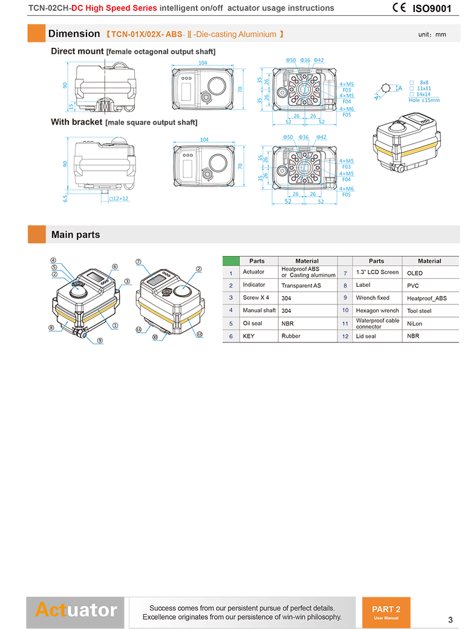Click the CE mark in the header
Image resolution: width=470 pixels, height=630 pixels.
tap(399, 8)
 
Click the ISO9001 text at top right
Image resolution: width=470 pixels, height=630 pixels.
tap(432, 8)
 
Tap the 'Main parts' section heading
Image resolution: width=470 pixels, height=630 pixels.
tap(76, 235)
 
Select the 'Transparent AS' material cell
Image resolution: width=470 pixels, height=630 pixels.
tap(302, 285)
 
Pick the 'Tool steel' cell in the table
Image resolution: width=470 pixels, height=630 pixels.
tap(419, 310)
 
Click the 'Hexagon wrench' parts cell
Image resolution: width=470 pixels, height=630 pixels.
tap(377, 310)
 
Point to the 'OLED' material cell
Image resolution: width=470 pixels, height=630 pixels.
tap(415, 273)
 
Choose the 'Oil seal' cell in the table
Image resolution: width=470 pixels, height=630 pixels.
tap(253, 323)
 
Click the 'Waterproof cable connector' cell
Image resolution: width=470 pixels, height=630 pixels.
tap(377, 323)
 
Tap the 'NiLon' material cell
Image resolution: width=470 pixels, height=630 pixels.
tap(415, 324)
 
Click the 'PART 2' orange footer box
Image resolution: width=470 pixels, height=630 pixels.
tap(386, 612)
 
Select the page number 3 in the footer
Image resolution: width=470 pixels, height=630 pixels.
tap(450, 620)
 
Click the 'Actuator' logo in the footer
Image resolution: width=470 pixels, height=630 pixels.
tap(76, 609)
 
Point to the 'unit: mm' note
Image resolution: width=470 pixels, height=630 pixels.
tap(432, 34)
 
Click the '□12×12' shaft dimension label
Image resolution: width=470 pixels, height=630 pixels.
tap(119, 199)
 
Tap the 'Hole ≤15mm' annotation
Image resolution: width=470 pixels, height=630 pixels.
tap(424, 100)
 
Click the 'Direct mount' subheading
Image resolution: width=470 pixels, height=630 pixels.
tap(77, 51)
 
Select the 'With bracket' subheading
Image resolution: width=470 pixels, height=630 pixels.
tap(77, 122)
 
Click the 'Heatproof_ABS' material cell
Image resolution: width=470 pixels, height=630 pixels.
tap(427, 298)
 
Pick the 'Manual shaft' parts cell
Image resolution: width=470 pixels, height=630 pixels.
tap(259, 310)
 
